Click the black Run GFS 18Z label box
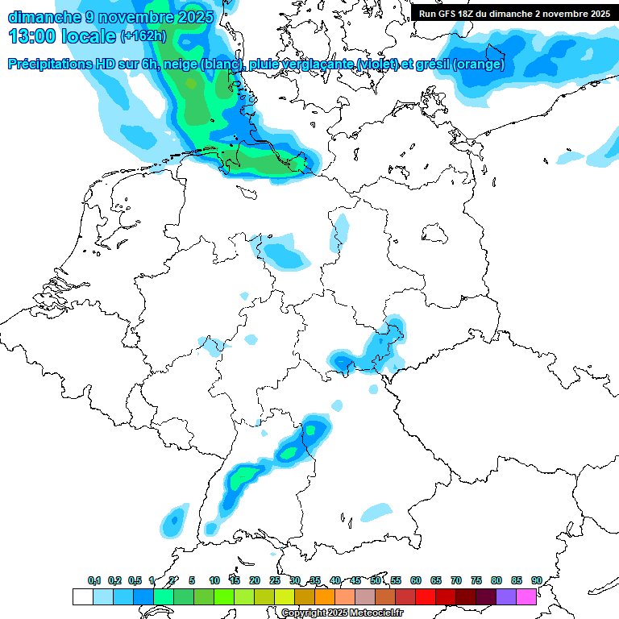tap(514, 14)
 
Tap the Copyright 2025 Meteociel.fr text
tap(343, 613)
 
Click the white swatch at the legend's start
tap(83, 596)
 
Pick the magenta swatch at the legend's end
tap(526, 596)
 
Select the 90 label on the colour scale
tap(536, 580)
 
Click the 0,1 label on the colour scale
tap(94, 580)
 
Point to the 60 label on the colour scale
tap(416, 580)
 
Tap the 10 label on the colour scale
tap(214, 580)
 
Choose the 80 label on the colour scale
tap(496, 580)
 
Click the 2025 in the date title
tap(193, 16)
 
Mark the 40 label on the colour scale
tap(335, 580)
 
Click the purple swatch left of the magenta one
tap(506, 596)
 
